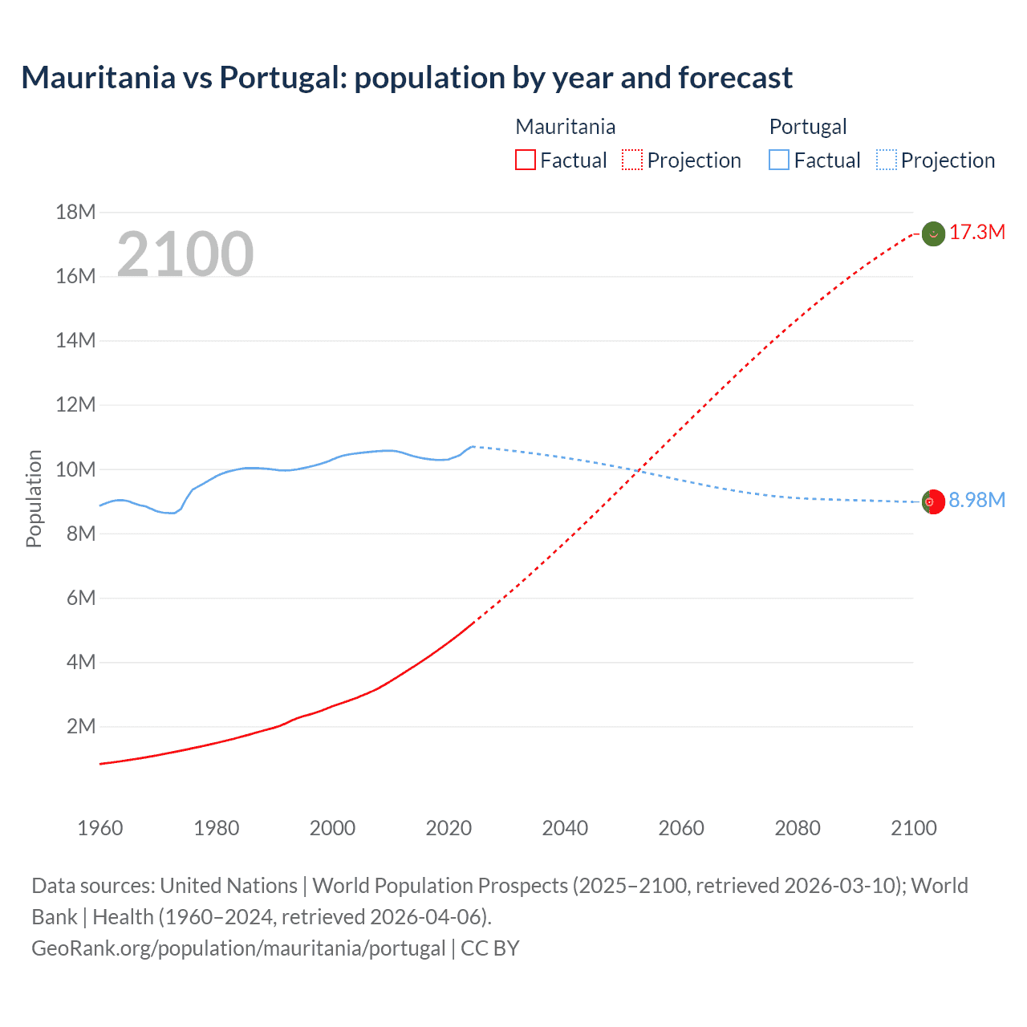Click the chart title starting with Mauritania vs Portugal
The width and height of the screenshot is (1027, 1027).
(x=407, y=78)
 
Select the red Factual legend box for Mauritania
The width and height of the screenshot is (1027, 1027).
(x=525, y=160)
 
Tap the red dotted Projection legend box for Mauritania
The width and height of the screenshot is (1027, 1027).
(x=632, y=160)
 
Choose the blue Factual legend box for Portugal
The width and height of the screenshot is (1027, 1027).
(x=778, y=160)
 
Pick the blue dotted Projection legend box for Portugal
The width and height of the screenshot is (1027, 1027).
(x=886, y=160)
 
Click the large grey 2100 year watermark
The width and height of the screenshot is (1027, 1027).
(x=185, y=254)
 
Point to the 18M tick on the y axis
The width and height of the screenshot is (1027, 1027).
(x=75, y=212)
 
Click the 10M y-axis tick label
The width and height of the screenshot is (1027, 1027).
(x=75, y=469)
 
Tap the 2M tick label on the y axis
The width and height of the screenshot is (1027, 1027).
(x=80, y=727)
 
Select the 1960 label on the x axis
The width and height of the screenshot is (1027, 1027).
(x=99, y=828)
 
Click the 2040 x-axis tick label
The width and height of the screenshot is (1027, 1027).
(x=565, y=828)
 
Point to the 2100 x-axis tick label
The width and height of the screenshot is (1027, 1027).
(x=913, y=828)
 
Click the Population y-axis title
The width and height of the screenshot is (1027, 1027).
(x=34, y=498)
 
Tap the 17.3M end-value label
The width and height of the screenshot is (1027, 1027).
(x=976, y=233)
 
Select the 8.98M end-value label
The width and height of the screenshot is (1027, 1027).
(x=976, y=501)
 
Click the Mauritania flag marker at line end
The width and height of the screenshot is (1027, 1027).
(x=933, y=233)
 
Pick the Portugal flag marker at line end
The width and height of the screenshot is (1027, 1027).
(x=932, y=502)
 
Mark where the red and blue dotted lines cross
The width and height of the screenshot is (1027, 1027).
(x=638, y=470)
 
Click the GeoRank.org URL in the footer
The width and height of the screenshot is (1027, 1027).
(x=238, y=948)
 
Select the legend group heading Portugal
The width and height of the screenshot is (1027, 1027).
(x=807, y=127)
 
